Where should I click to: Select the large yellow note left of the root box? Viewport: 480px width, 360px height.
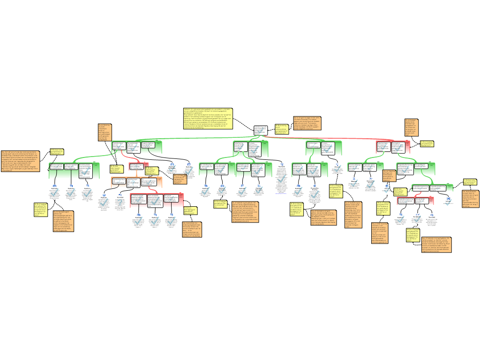point(208,119)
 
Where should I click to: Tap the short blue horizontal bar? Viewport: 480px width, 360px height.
point(281,193)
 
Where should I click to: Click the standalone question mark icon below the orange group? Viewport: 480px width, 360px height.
point(120,202)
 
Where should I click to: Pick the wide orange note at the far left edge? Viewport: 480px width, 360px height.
point(20,161)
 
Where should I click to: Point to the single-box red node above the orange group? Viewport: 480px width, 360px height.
point(135,166)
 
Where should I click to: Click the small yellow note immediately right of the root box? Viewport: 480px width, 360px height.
point(281,129)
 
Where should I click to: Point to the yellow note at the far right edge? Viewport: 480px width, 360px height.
point(470,182)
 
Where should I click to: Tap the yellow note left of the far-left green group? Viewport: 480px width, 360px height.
point(57,151)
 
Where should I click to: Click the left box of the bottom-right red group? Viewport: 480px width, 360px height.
point(406,201)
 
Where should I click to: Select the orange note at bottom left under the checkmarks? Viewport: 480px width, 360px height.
point(63,221)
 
